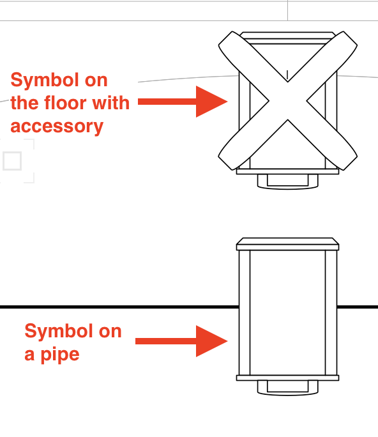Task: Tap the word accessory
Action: pos(57,126)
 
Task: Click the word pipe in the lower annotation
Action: pos(60,355)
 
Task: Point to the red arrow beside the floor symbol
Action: pos(183,102)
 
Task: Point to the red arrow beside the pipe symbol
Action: pos(181,341)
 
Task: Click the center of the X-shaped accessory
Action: pos(288,100)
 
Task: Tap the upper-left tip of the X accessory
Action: pos(225,38)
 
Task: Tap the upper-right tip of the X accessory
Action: pos(351,38)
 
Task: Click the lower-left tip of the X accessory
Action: pos(225,164)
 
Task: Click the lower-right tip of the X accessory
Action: pos(351,164)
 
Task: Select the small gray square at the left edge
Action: pos(12,161)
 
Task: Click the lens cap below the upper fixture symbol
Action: pos(288,181)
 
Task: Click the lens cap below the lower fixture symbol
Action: pos(288,388)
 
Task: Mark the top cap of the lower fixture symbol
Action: pos(288,244)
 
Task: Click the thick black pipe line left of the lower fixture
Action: pos(119,307)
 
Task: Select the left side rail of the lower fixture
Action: pos(245,312)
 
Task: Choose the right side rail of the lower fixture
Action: pos(331,312)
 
